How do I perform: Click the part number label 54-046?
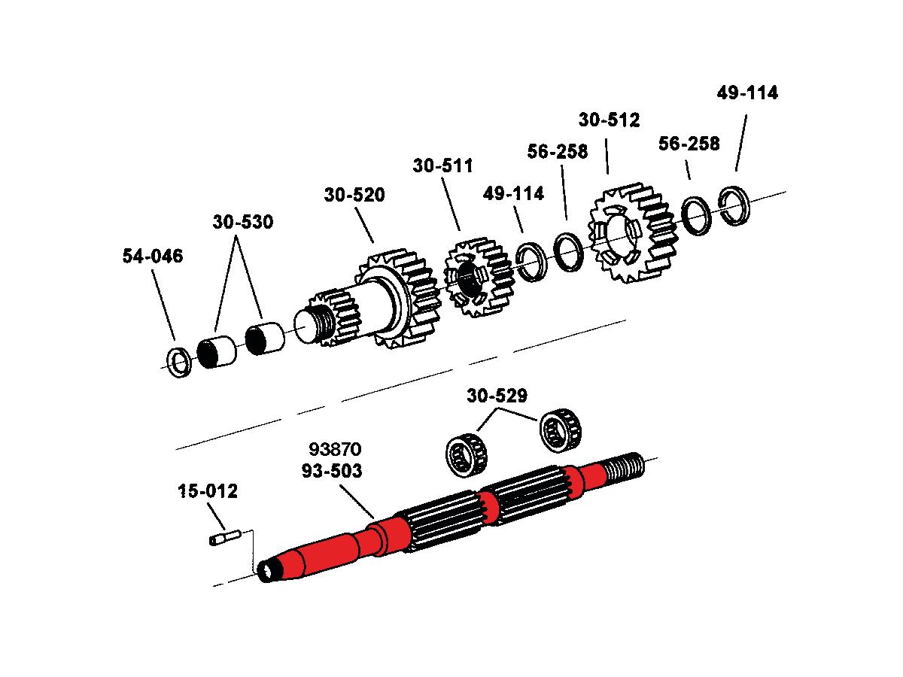point(152,257)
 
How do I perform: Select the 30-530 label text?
point(242,223)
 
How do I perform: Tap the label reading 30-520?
point(354,196)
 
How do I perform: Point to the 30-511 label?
point(442,166)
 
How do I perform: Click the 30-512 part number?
point(609,120)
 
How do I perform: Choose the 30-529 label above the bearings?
point(497,396)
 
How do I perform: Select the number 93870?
point(335,450)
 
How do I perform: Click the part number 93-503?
point(332,472)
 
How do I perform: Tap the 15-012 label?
point(208,493)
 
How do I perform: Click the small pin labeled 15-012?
point(223,538)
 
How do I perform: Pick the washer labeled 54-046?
point(178,363)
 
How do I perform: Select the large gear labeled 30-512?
point(631,231)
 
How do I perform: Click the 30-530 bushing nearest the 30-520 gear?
point(265,338)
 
